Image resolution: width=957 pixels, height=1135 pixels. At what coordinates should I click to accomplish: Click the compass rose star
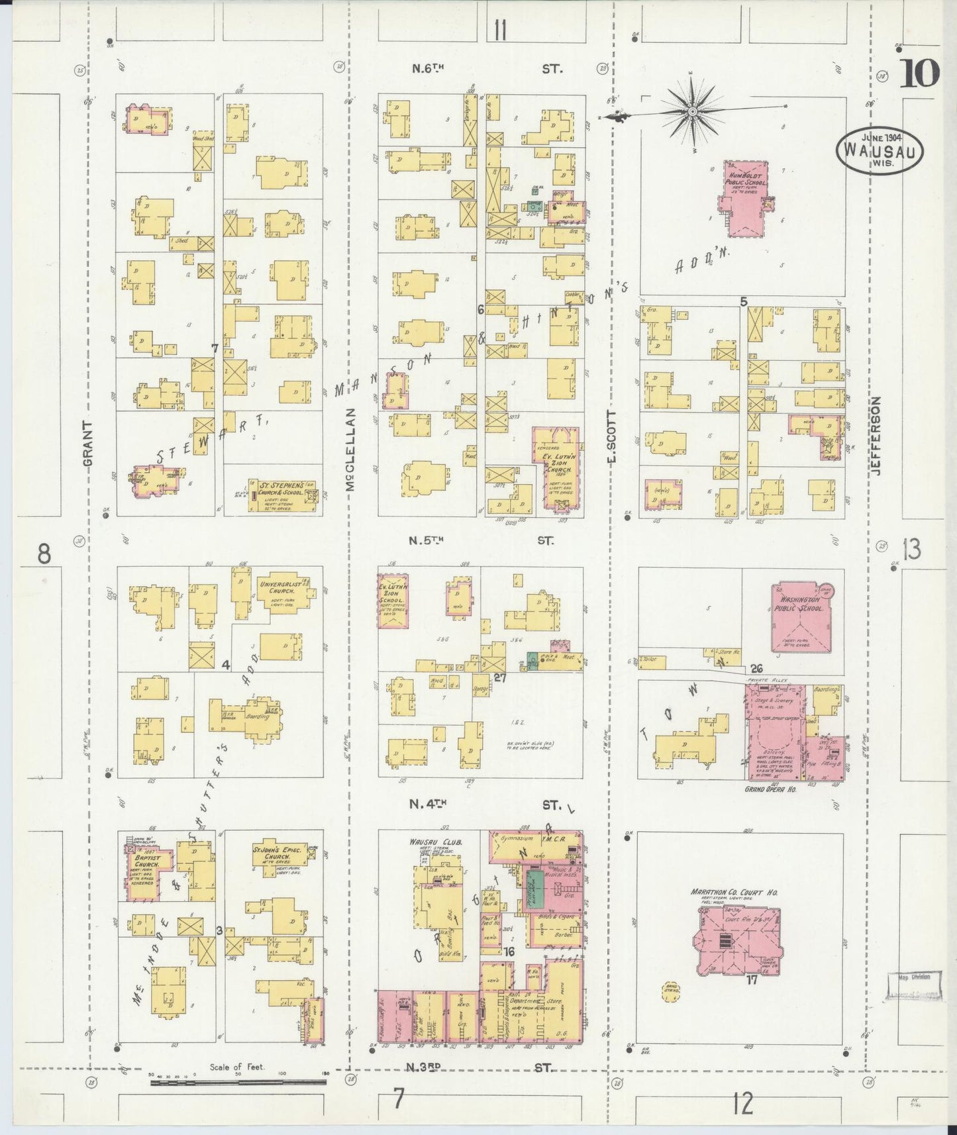(693, 111)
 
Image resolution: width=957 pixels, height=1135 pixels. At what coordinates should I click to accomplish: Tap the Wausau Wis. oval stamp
(880, 151)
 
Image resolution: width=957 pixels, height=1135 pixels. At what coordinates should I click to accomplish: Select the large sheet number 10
(919, 74)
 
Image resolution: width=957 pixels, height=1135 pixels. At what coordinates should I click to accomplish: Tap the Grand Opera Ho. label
(770, 790)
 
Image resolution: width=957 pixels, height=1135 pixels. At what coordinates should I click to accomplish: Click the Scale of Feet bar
(238, 1083)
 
